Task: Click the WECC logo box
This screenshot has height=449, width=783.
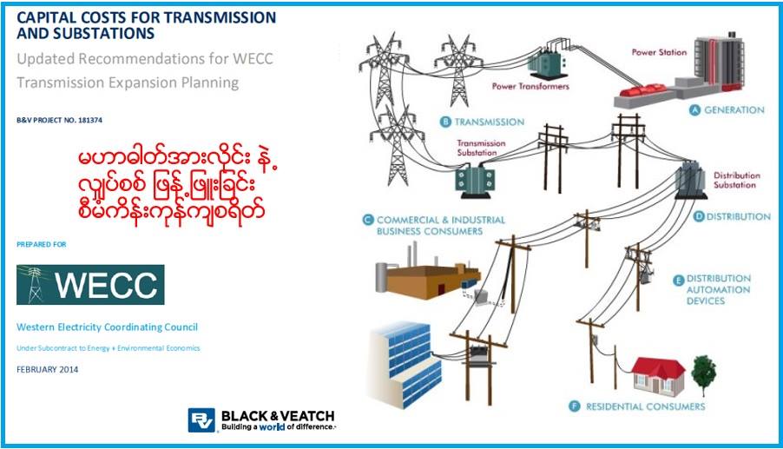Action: pyautogui.click(x=90, y=284)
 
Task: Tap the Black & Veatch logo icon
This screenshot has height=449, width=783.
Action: pyautogui.click(x=201, y=419)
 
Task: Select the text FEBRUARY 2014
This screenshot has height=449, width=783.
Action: pyautogui.click(x=48, y=369)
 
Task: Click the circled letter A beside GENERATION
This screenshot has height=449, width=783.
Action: pyautogui.click(x=694, y=110)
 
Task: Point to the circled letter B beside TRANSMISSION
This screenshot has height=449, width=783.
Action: pyautogui.click(x=445, y=122)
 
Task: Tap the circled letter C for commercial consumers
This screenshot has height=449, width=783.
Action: pyautogui.click(x=368, y=220)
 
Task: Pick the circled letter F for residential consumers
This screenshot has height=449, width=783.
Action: pyautogui.click(x=574, y=406)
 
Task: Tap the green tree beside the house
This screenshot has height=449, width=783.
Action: pyautogui.click(x=704, y=371)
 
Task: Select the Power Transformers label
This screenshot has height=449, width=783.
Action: pyautogui.click(x=530, y=86)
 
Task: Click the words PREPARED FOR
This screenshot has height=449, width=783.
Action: pyautogui.click(x=41, y=245)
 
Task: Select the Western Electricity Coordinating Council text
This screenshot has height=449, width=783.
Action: pyautogui.click(x=107, y=327)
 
